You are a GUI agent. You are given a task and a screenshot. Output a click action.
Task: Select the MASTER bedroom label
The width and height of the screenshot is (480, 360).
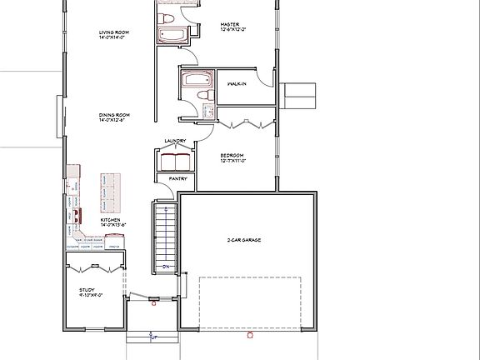[x=230, y=25]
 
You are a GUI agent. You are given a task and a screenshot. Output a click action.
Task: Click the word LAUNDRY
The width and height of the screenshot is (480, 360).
[x=175, y=141]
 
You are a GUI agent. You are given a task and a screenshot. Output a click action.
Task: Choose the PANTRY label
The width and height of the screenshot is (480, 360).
[x=177, y=178]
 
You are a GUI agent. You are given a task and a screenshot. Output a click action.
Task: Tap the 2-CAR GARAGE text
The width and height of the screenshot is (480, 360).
[x=244, y=240]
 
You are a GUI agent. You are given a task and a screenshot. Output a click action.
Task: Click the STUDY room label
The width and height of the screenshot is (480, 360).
[x=87, y=289]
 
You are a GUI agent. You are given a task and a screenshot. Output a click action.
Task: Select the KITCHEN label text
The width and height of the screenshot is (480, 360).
[x=112, y=220]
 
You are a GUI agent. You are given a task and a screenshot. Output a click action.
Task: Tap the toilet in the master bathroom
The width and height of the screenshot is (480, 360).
[x=167, y=17]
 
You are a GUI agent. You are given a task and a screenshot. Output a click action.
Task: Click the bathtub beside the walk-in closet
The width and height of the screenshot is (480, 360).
[x=196, y=82]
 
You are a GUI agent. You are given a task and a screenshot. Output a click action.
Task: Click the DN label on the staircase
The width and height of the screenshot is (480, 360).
[x=165, y=267]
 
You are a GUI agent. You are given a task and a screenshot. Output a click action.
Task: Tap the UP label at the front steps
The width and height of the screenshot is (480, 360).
[x=152, y=337]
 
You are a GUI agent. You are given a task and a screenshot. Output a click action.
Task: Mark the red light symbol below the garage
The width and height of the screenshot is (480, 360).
[x=249, y=336]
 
